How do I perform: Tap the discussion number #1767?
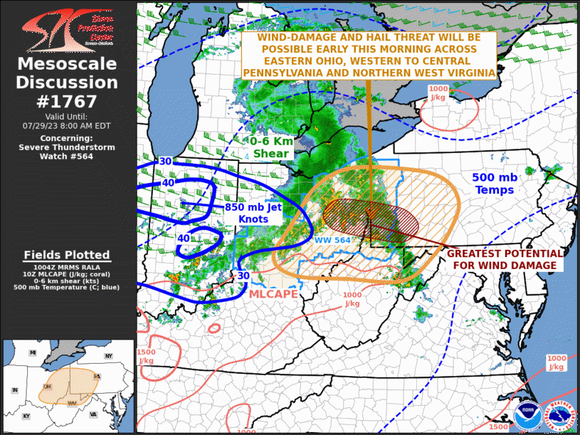(x=67, y=101)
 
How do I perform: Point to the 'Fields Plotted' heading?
(x=67, y=255)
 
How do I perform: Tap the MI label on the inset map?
(x=33, y=353)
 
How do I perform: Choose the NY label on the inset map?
(x=109, y=355)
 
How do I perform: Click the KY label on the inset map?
(x=27, y=415)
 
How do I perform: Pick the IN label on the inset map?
(x=14, y=391)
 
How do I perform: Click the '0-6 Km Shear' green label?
(x=271, y=147)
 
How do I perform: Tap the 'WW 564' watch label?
(x=333, y=240)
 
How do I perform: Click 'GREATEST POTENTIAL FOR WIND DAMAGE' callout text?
(x=505, y=259)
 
